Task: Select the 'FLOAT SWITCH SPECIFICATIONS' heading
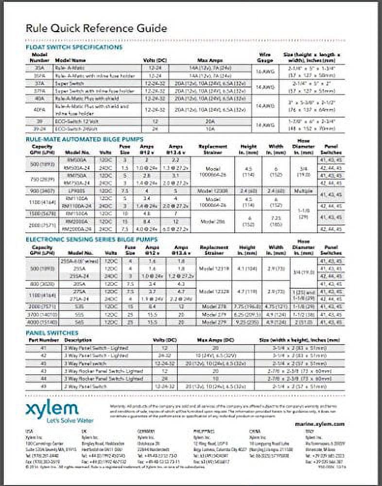(x=74, y=47)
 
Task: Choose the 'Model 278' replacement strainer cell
(x=214, y=307)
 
